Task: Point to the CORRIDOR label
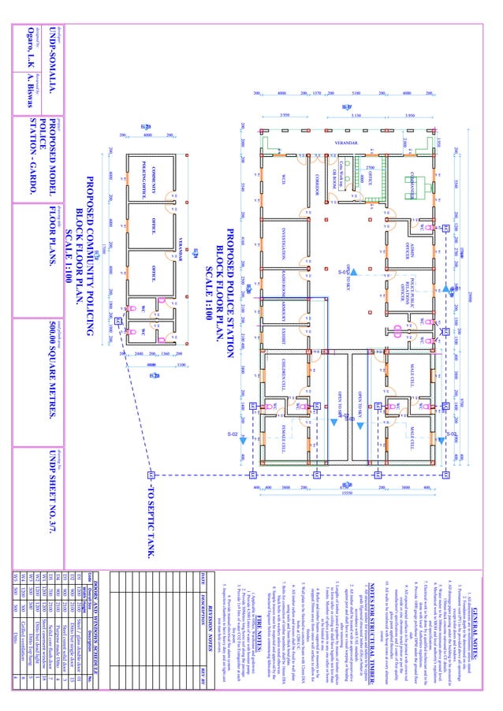(315, 181)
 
